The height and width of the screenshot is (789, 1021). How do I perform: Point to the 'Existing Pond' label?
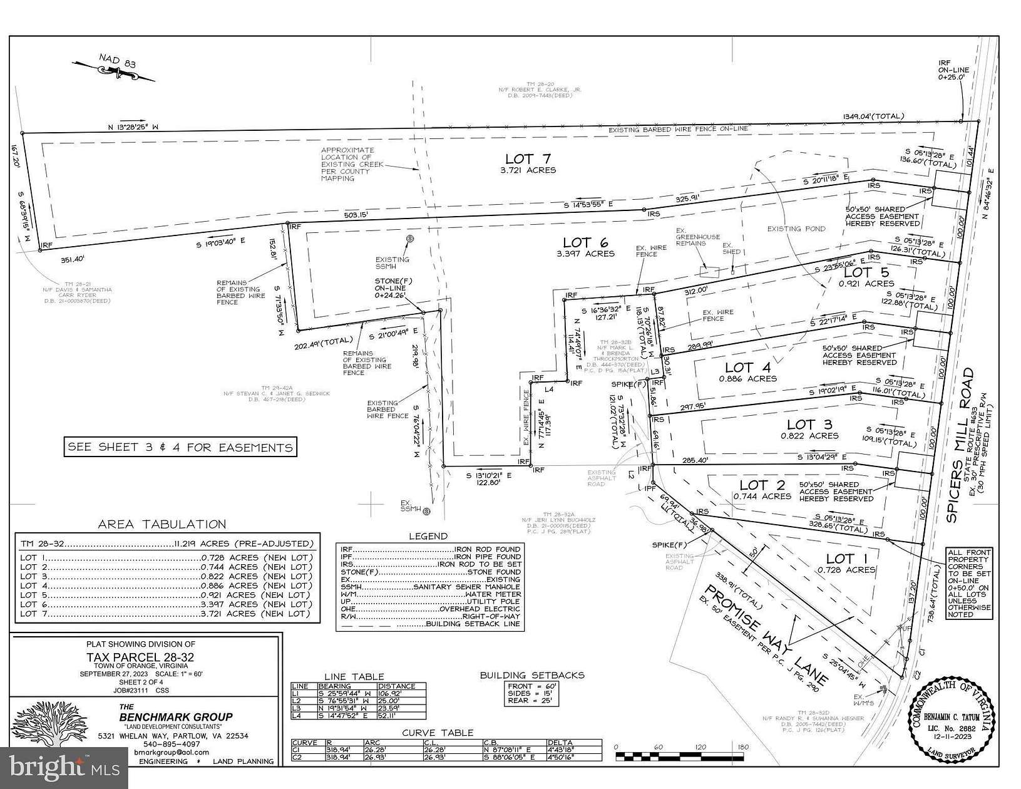coord(796,229)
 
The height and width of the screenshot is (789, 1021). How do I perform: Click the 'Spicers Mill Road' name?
coord(968,439)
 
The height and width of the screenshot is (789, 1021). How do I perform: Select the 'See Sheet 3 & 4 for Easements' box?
coord(180,447)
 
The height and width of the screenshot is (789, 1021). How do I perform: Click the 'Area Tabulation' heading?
coord(162,525)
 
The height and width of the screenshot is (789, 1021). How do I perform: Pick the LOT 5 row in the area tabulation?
coord(165,595)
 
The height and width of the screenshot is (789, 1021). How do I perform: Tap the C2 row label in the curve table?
coord(298,756)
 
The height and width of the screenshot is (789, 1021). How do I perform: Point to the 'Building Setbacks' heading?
coord(532,675)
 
